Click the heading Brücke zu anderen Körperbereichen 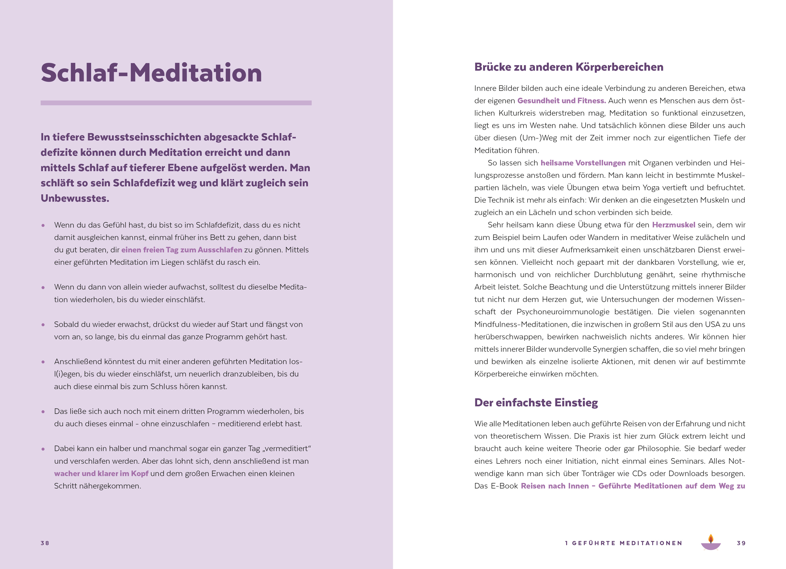[568, 67]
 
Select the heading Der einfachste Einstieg [536, 402]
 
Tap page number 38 [45, 543]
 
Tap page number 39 [741, 543]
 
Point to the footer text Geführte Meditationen [624, 543]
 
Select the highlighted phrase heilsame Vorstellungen [583, 163]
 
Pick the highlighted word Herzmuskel [673, 225]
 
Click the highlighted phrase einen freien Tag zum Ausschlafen [182, 250]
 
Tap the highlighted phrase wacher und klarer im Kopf [101, 473]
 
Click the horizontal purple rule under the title [176, 103]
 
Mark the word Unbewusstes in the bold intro [75, 198]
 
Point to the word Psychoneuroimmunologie [563, 312]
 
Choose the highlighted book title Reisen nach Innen [554, 486]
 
